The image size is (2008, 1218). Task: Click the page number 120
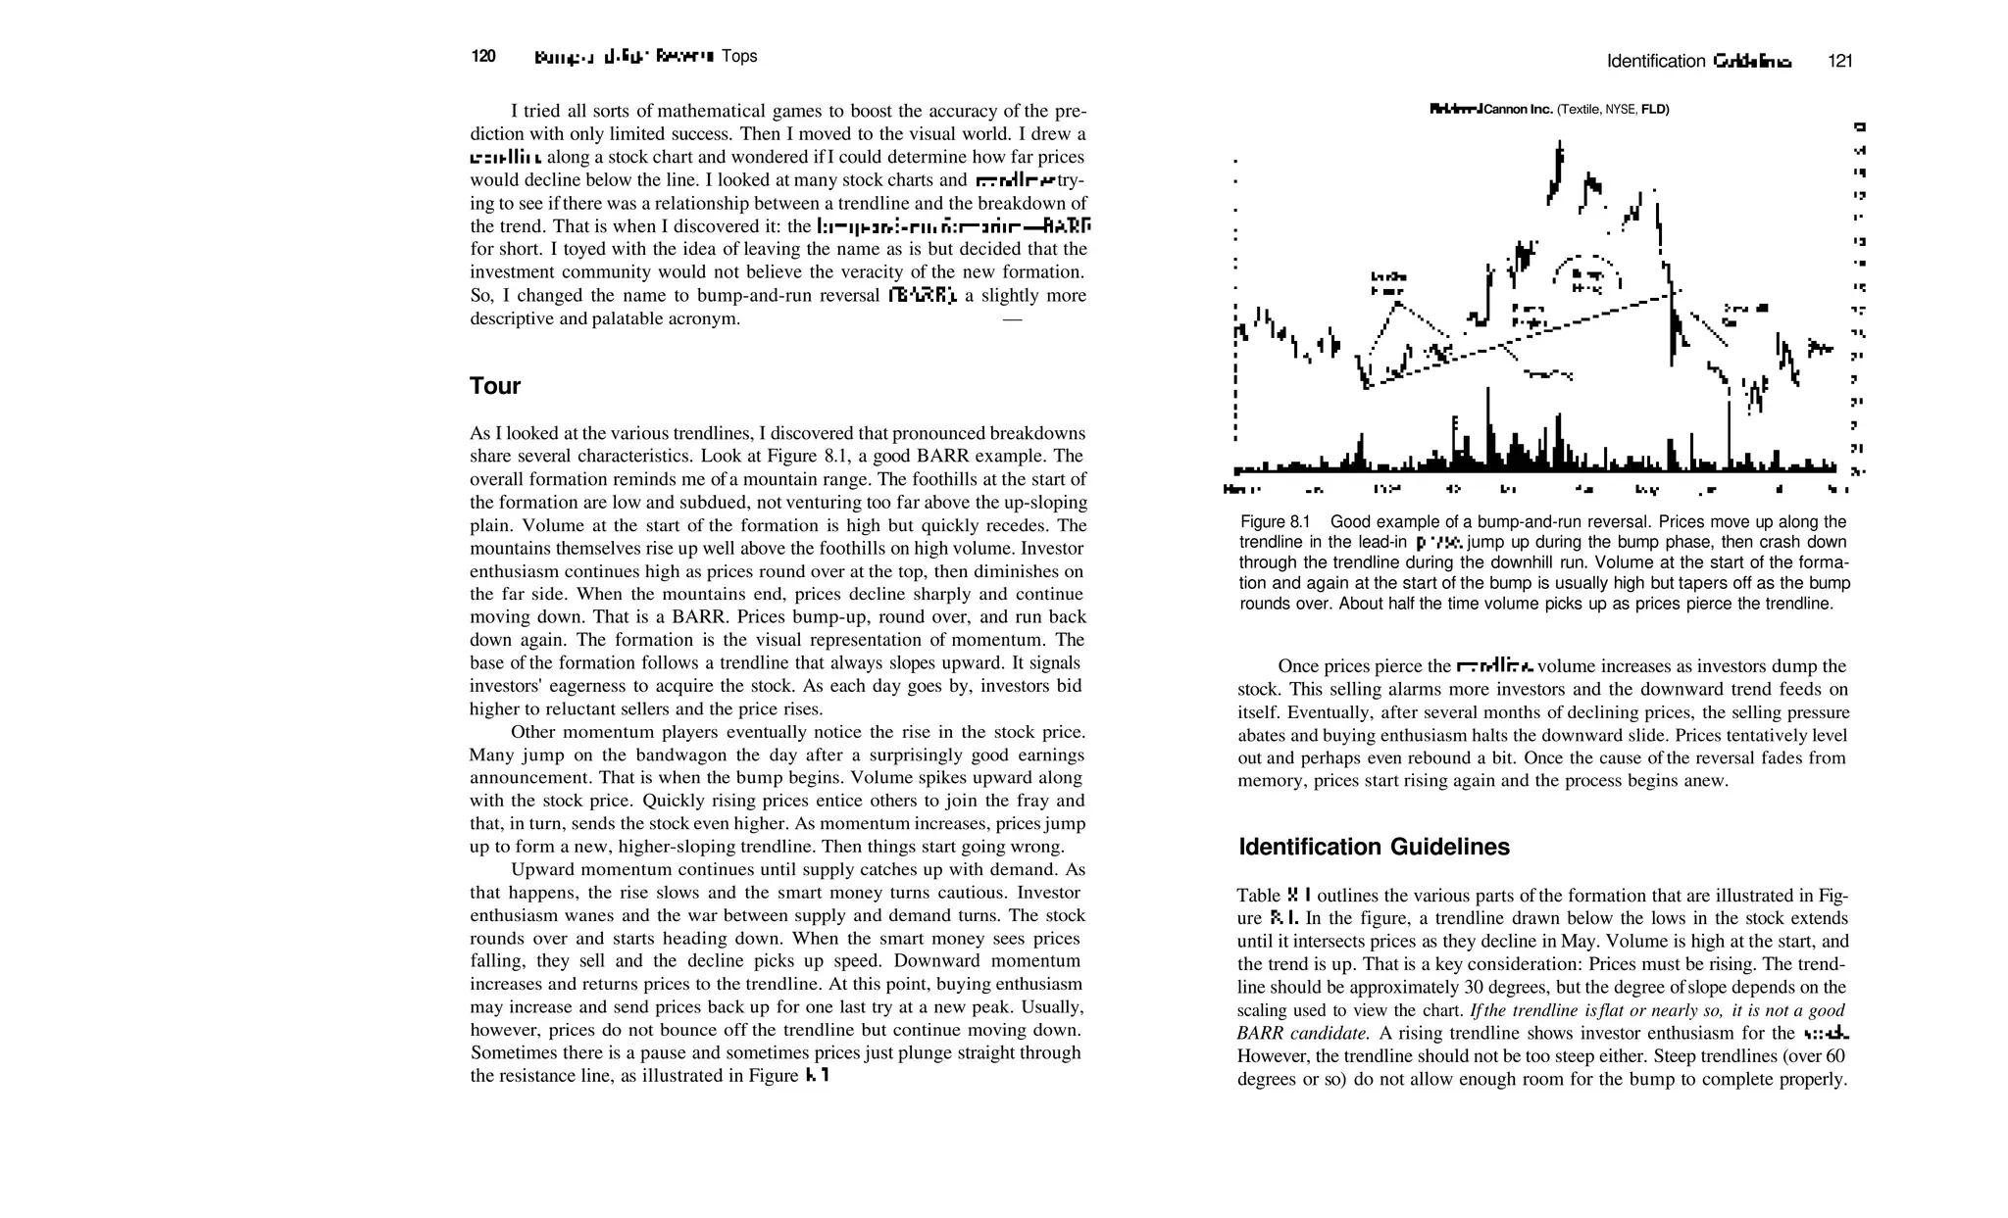483,56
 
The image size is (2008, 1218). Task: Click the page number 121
1839,61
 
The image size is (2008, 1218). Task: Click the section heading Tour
494,386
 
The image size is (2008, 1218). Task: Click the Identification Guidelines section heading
1374,847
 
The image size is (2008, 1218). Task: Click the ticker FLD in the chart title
1654,109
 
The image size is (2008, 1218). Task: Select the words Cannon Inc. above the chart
1519,109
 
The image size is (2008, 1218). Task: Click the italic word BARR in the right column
1261,1034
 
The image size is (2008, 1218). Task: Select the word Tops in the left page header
739,56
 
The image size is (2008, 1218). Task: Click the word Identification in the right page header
1656,61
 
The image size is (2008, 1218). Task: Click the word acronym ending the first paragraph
706,318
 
